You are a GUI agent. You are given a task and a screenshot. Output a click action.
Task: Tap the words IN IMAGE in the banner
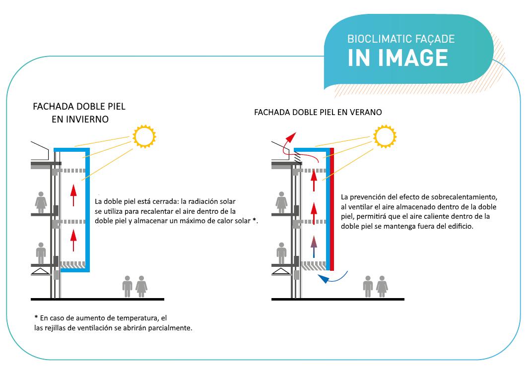click(398, 57)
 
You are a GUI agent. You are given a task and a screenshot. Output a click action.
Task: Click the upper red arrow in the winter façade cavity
click(74, 193)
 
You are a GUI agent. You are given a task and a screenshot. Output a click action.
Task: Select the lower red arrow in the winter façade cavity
click(74, 239)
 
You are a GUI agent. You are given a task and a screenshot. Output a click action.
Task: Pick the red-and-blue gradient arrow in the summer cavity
click(313, 245)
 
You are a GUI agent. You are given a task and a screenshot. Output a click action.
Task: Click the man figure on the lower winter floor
click(41, 253)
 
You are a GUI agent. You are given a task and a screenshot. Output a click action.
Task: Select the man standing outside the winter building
click(127, 286)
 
